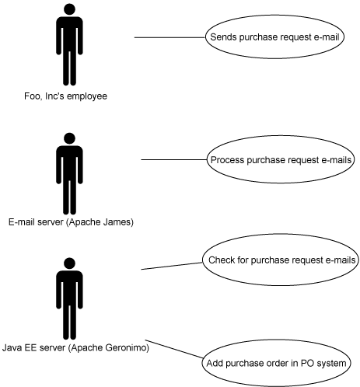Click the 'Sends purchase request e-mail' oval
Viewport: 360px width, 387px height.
[274, 37]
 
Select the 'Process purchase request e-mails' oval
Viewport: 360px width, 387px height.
[281, 159]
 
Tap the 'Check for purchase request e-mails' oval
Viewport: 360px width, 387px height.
[281, 260]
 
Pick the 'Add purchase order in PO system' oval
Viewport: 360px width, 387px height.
[276, 363]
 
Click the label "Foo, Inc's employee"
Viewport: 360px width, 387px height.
[65, 96]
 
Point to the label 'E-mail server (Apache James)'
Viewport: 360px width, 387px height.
[71, 222]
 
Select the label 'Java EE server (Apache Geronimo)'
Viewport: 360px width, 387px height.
[75, 347]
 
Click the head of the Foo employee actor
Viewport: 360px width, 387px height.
[69, 9]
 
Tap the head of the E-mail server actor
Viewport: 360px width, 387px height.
[69, 138]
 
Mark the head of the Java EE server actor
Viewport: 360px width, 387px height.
[69, 263]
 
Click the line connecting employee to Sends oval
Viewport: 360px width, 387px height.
[170, 37]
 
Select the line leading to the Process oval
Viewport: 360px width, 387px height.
[174, 159]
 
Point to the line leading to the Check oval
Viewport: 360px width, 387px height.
[172, 266]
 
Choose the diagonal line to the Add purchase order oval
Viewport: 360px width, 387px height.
[174, 349]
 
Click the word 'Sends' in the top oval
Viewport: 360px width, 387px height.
[223, 37]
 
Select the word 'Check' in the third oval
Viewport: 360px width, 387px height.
[222, 260]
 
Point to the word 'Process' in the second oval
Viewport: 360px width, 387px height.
[227, 160]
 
